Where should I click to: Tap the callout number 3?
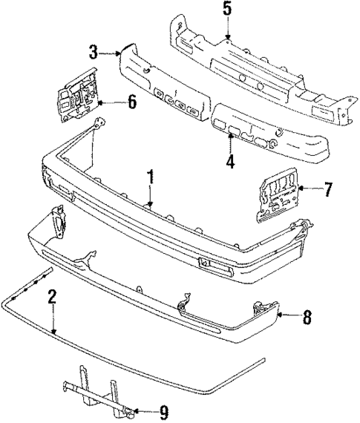click(94, 51)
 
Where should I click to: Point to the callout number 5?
click(227, 10)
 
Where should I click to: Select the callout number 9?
click(165, 410)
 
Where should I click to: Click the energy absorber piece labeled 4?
click(267, 134)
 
